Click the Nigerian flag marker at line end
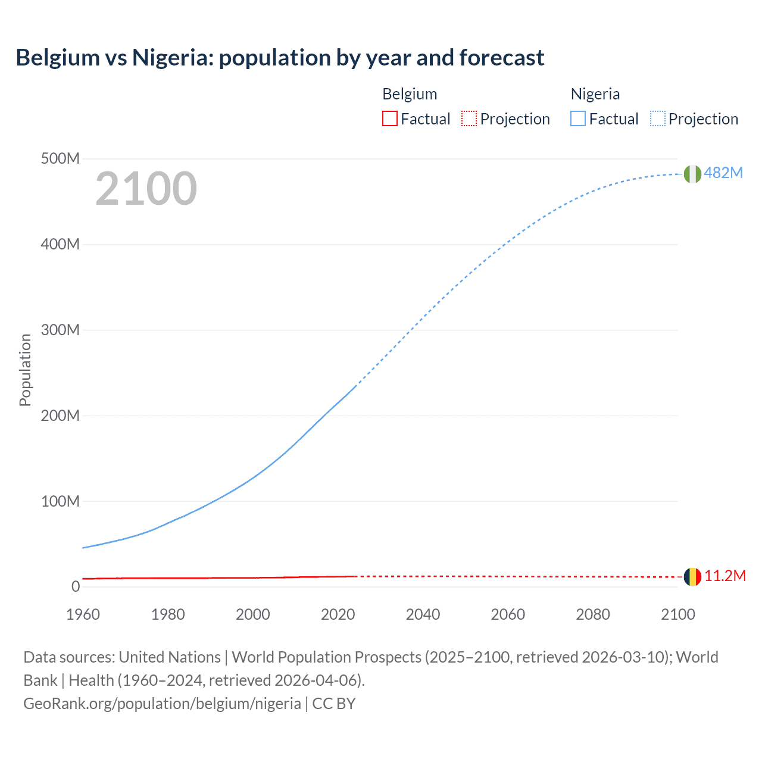(692, 174)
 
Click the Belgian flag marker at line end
(692, 577)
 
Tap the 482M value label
(723, 173)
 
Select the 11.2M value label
(725, 576)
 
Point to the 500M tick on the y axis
(60, 159)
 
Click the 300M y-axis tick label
(60, 330)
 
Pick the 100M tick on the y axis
(60, 501)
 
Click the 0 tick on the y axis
(76, 587)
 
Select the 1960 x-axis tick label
(83, 614)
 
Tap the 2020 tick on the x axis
(338, 614)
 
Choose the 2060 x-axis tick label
(508, 614)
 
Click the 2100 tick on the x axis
(677, 614)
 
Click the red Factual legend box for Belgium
(390, 118)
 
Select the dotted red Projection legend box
(469, 118)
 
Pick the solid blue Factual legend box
(578, 118)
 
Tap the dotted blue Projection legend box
(658, 118)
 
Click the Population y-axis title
(25, 370)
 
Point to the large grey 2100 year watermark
(146, 189)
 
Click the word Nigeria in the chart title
(172, 58)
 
